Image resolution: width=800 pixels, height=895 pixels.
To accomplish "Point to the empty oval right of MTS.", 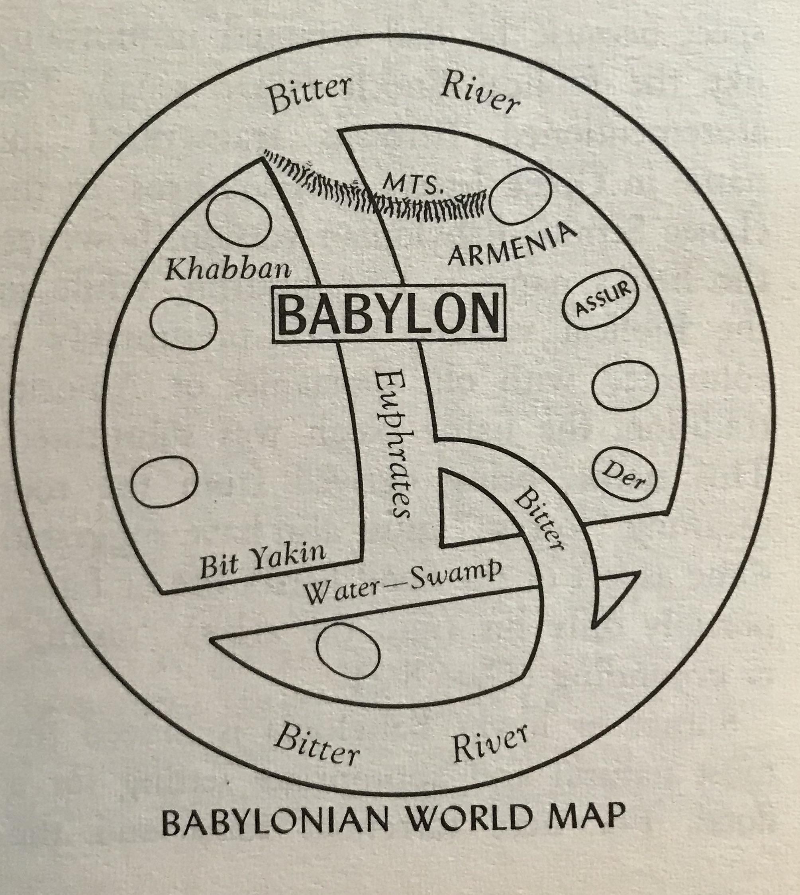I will (x=520, y=196).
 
